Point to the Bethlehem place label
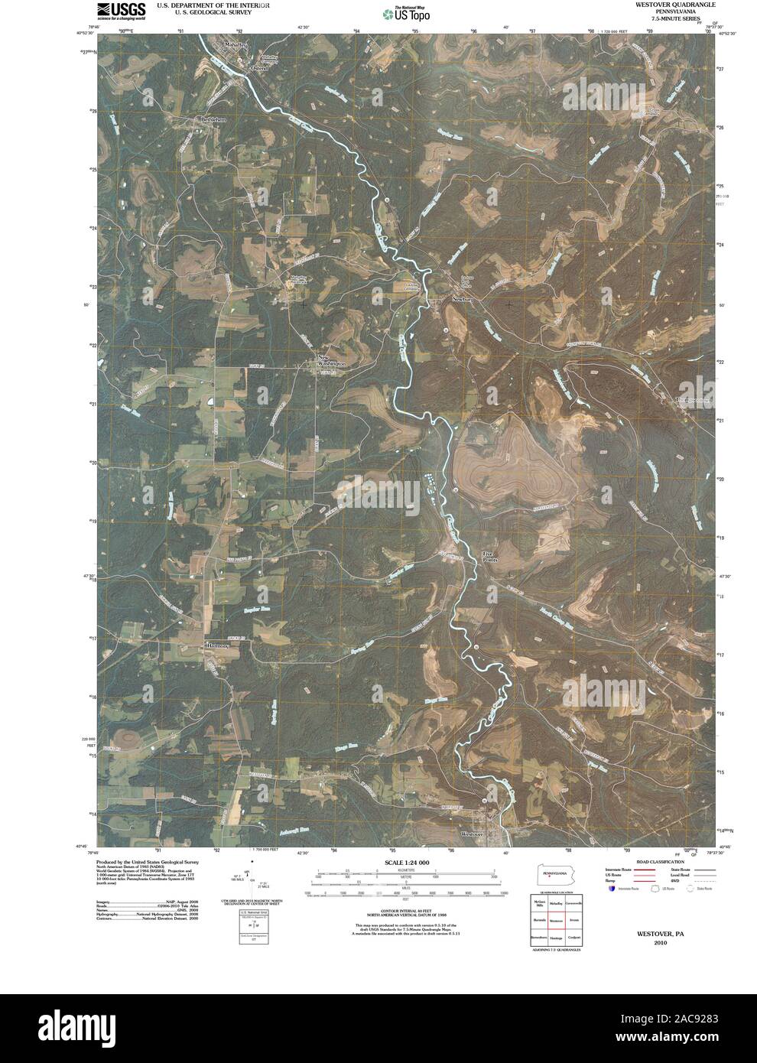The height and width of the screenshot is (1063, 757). pyautogui.click(x=214, y=119)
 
